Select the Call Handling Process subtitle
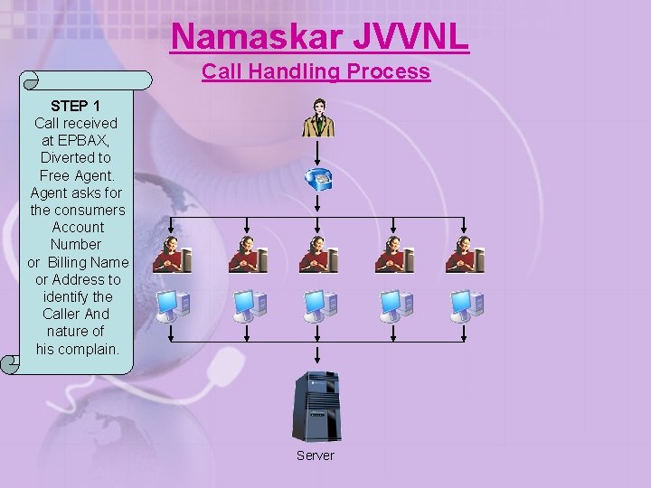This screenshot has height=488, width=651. point(316,71)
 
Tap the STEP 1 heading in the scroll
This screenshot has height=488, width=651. point(75,106)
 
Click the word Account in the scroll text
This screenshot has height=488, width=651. point(78,227)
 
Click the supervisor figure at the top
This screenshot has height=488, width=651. point(318,117)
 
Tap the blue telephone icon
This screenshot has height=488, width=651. point(318,179)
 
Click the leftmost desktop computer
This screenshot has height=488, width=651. point(172,305)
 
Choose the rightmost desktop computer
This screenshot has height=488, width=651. point(466,305)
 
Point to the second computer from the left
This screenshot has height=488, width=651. point(248,305)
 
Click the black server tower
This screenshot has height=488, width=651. point(316,406)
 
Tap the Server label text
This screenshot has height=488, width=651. point(316,455)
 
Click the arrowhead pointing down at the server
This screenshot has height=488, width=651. point(316,362)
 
